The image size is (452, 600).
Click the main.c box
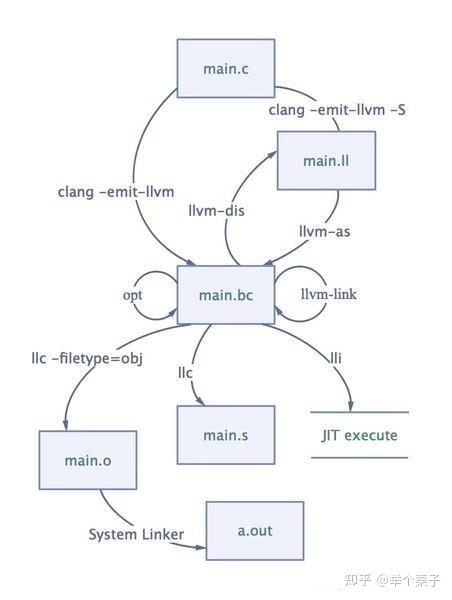click(225, 67)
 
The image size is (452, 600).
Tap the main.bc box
click(225, 294)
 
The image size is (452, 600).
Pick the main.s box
click(225, 435)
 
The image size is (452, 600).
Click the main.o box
click(89, 459)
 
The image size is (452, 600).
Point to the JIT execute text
click(359, 435)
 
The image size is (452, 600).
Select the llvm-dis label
click(216, 211)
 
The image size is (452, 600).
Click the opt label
click(133, 295)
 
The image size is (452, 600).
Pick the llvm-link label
click(329, 294)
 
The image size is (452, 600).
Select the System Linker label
click(136, 534)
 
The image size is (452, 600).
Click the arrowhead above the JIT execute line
click(350, 405)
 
